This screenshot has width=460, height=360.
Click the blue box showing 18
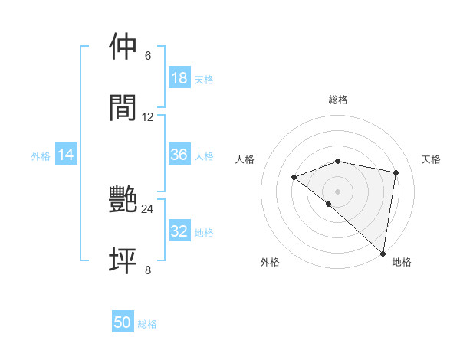click(179, 77)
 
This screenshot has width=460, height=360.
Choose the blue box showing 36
click(179, 155)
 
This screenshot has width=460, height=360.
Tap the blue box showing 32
click(179, 231)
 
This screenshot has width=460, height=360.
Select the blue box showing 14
click(66, 155)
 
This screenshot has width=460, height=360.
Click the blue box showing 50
click(123, 322)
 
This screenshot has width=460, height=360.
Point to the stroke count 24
click(147, 208)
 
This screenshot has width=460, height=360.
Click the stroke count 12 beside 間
click(148, 116)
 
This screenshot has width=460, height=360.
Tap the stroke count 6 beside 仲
click(148, 55)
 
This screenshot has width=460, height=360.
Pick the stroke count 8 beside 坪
click(148, 270)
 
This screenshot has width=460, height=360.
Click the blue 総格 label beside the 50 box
click(147, 324)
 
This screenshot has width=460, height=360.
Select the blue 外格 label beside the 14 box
click(41, 155)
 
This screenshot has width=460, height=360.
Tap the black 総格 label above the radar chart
click(338, 100)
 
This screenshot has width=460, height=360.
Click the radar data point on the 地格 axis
click(383, 253)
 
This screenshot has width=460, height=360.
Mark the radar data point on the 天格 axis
click(396, 172)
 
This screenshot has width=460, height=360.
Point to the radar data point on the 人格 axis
click(294, 177)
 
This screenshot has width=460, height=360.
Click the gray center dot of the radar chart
click(338, 191)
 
